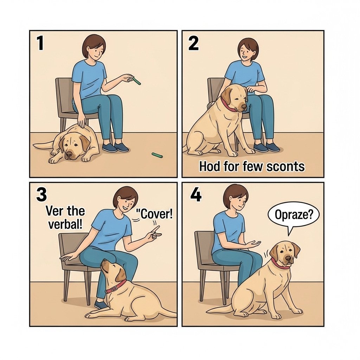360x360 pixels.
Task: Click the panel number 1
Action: click(40, 44)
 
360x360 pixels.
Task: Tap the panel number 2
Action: click(193, 44)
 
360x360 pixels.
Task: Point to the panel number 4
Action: click(196, 195)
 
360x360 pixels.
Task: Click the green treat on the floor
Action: click(157, 155)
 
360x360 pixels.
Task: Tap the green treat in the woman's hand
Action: click(137, 81)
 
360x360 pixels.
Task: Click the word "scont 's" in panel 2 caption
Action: click(285, 166)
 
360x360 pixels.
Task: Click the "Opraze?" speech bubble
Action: click(294, 216)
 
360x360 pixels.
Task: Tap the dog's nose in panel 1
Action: click(69, 154)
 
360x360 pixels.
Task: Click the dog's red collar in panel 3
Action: click(115, 287)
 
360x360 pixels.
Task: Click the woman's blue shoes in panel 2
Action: click(266, 147)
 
